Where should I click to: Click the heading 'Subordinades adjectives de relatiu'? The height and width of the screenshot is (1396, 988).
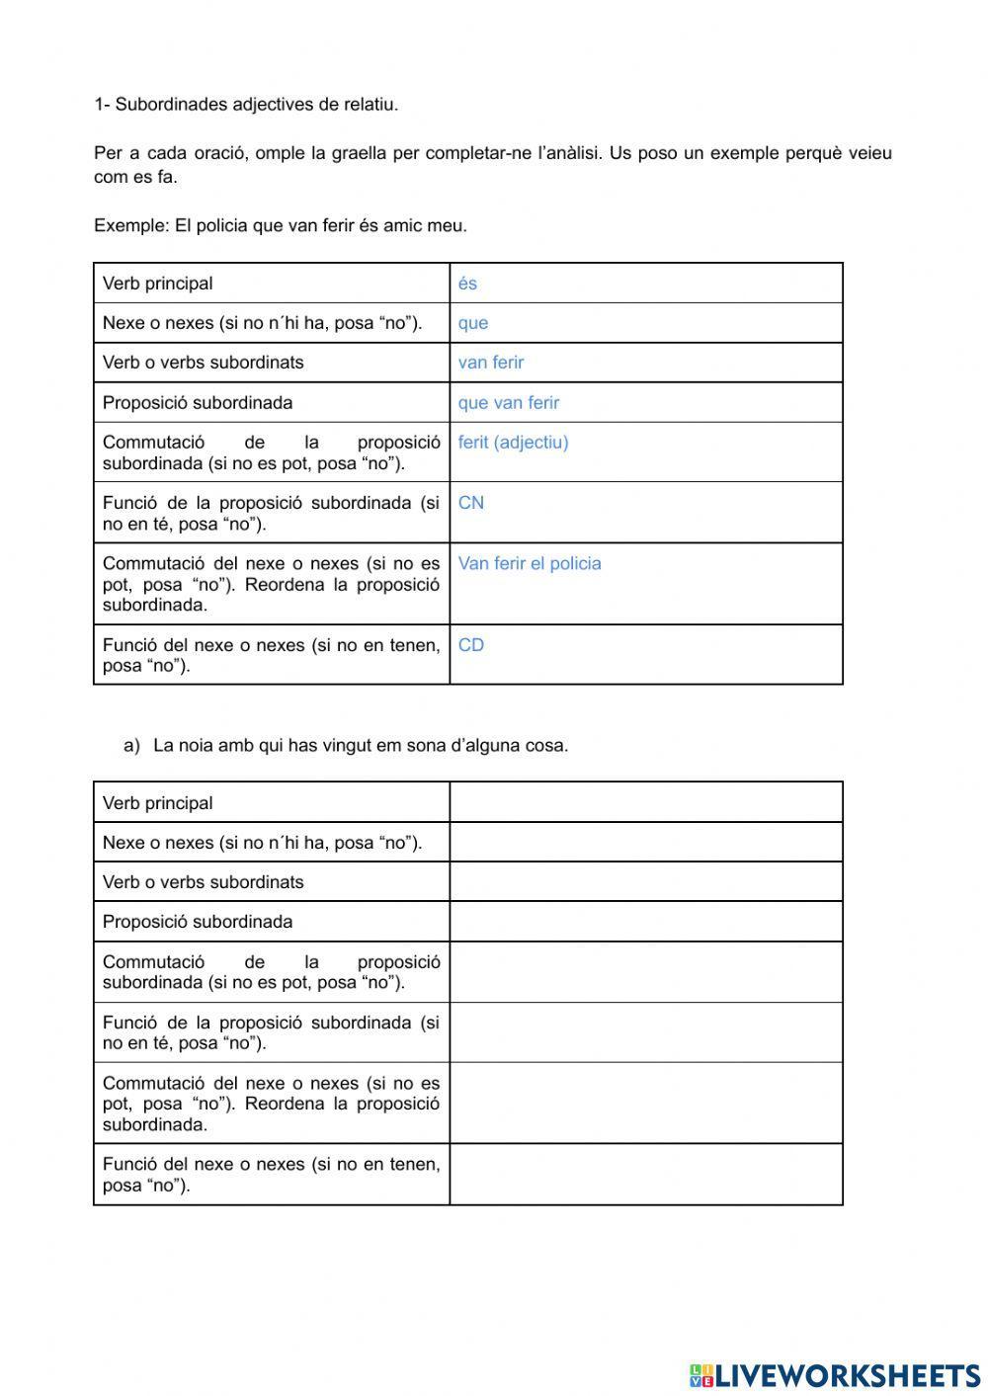256,105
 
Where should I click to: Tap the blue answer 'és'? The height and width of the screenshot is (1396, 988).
467,284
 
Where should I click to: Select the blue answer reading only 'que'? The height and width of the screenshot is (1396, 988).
472,323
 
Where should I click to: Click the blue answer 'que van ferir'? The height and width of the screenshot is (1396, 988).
508,403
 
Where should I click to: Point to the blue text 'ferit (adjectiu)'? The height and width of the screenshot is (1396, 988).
513,443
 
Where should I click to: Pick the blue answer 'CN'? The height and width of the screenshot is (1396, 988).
470,503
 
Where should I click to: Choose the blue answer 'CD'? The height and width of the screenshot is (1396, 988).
470,645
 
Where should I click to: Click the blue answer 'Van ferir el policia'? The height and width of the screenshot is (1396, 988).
529,564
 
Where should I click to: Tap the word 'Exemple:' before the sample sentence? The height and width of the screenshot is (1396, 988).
131,225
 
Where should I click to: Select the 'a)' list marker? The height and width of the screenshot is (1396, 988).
132,746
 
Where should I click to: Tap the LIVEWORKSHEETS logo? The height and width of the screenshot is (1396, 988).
835,1374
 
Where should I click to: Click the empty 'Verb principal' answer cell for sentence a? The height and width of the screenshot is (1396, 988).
645,802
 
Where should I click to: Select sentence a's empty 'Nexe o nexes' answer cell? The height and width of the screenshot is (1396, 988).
645,843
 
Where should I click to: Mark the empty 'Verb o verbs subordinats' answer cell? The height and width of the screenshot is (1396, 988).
645,882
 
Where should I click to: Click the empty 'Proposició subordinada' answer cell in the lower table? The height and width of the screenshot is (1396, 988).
645,922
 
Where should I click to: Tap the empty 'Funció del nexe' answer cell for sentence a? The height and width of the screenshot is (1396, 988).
645,1175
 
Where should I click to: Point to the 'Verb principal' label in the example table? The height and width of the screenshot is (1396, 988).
157,284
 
